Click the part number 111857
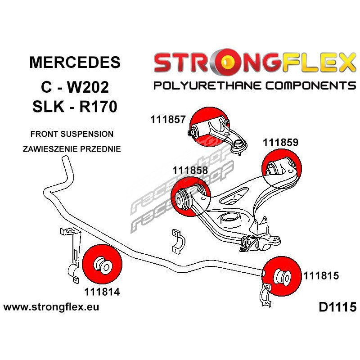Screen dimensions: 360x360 (168, 119)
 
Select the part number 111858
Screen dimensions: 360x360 (190, 170)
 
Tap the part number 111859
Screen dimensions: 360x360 (280, 144)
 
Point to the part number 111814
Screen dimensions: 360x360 (102, 291)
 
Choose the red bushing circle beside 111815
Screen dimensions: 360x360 (281, 277)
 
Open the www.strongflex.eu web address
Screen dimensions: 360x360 (51, 308)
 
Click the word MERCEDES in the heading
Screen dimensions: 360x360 (75, 62)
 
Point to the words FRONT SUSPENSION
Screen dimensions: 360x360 (72, 134)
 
